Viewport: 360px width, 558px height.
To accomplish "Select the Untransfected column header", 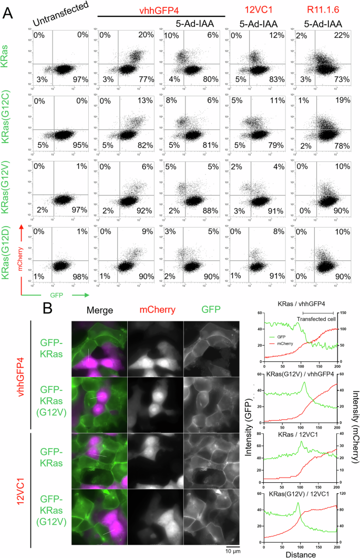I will pos(59,15).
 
